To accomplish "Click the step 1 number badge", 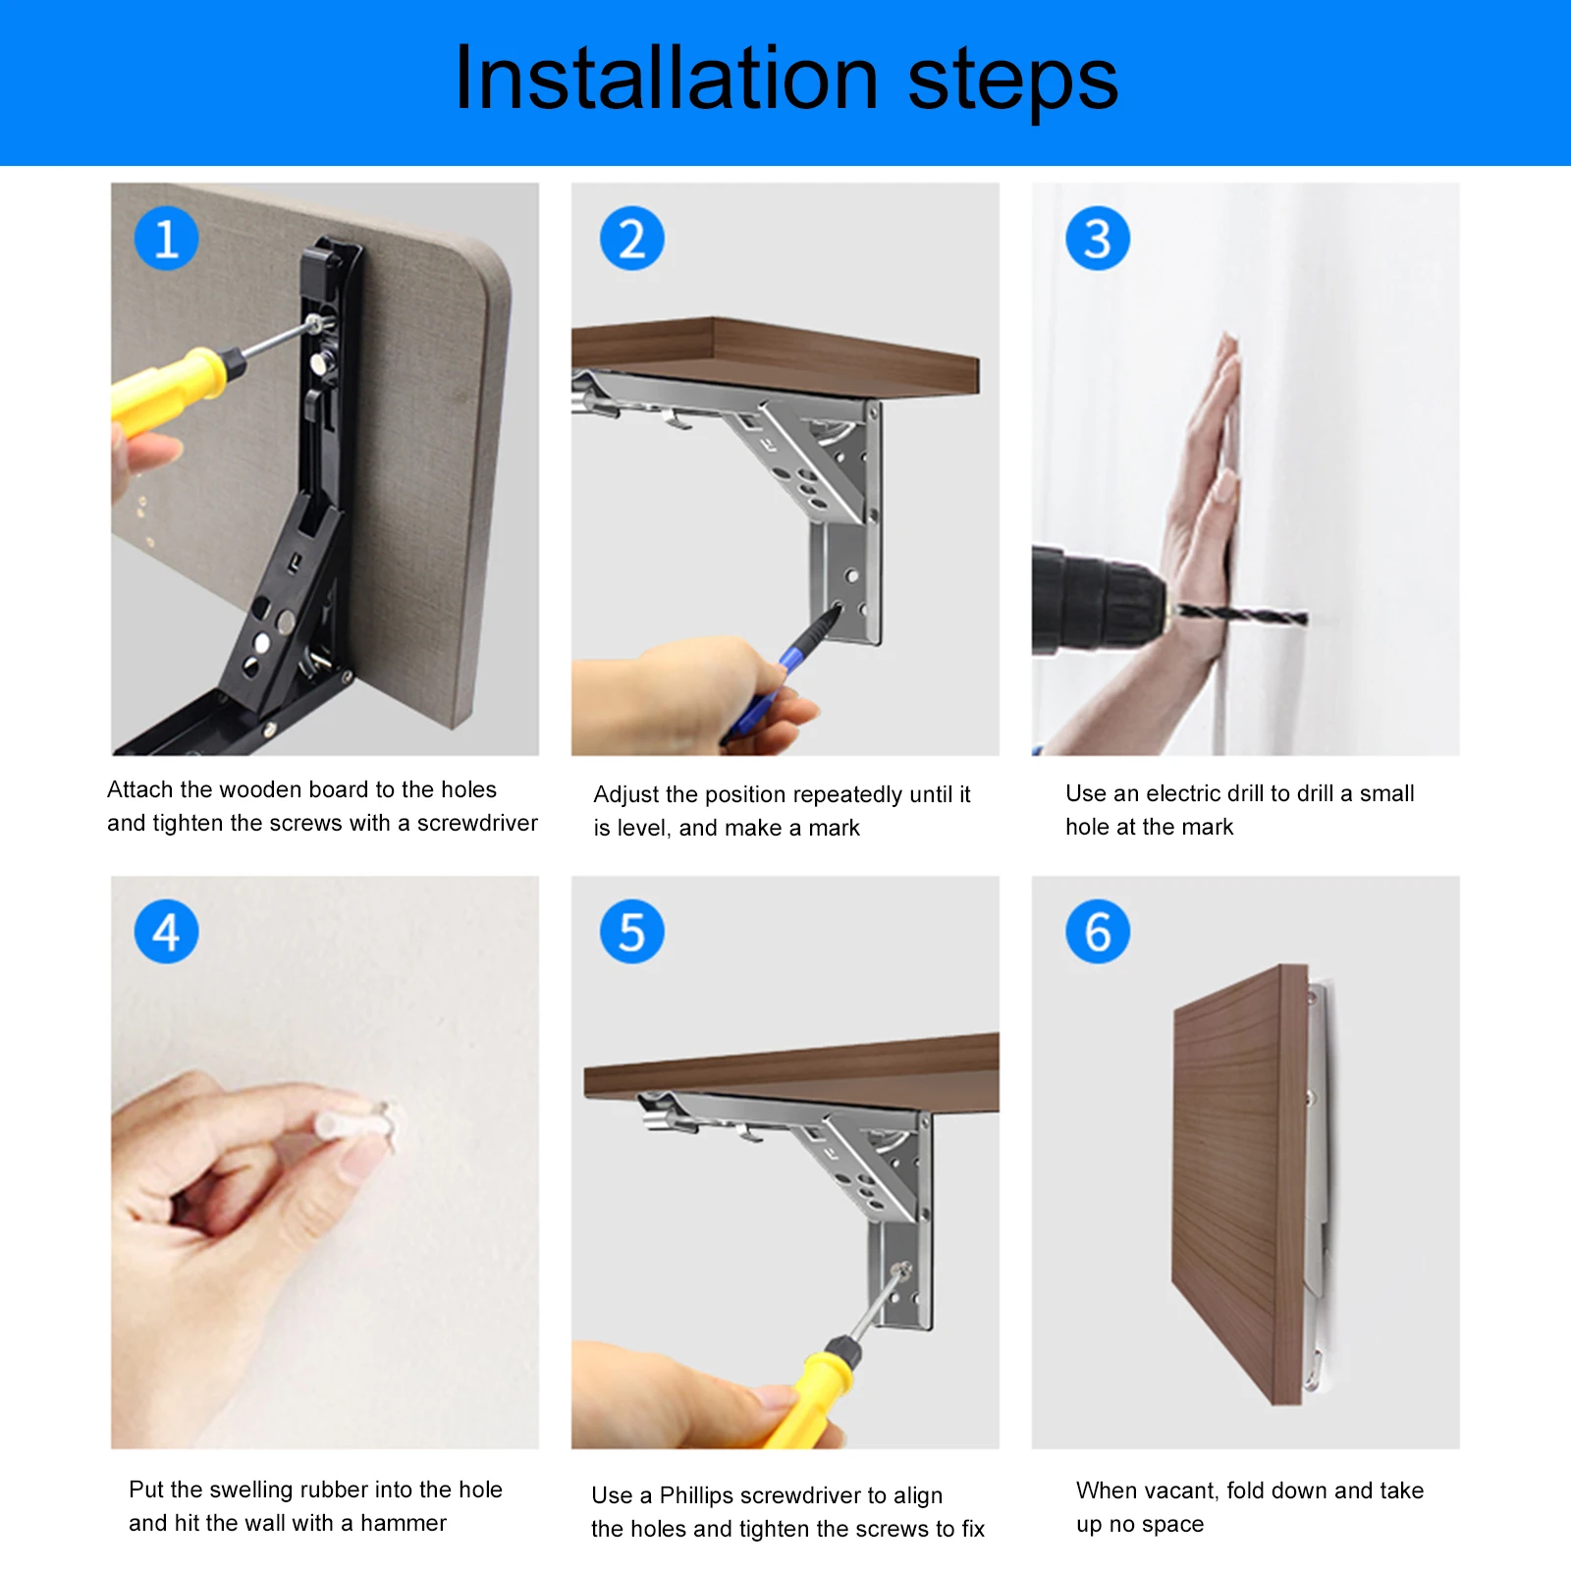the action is tap(166, 239).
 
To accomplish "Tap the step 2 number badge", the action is tap(632, 239).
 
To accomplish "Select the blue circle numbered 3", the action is tap(1098, 239).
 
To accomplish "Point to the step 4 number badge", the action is tap(166, 932).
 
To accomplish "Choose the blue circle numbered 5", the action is tap(632, 932).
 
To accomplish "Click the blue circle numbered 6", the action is tap(1098, 932).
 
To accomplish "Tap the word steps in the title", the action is tap(1012, 83).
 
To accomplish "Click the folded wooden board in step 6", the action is tap(1240, 1182).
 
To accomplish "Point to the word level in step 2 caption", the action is tap(643, 828).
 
